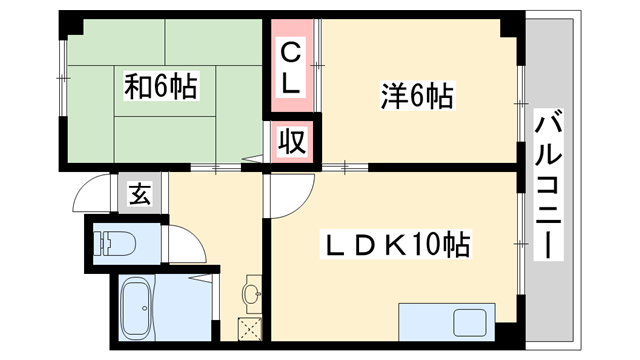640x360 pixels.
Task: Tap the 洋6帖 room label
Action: [x=417, y=97]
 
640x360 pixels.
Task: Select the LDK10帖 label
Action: [x=395, y=244]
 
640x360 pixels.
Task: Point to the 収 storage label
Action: [x=291, y=140]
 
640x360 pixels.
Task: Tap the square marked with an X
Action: [x=247, y=328]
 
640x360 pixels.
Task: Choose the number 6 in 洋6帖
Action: [x=416, y=97]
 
